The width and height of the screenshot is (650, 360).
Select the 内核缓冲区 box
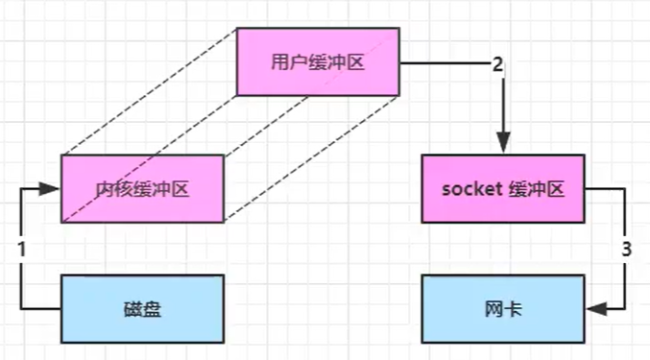pos(142,188)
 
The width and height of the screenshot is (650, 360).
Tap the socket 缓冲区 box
pos(502,188)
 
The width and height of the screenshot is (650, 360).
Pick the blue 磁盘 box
pos(142,308)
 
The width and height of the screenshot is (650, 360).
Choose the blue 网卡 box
pos(502,308)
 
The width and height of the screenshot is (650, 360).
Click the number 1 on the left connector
pos(21,248)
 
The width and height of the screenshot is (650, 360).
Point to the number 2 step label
pos(497,65)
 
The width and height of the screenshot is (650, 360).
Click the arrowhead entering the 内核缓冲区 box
pos(54,188)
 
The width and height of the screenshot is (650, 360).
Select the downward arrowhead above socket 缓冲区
pos(502,145)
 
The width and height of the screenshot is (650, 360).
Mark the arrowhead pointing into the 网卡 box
pos(593,308)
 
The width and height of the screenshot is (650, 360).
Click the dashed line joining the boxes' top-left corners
pos(149,92)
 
